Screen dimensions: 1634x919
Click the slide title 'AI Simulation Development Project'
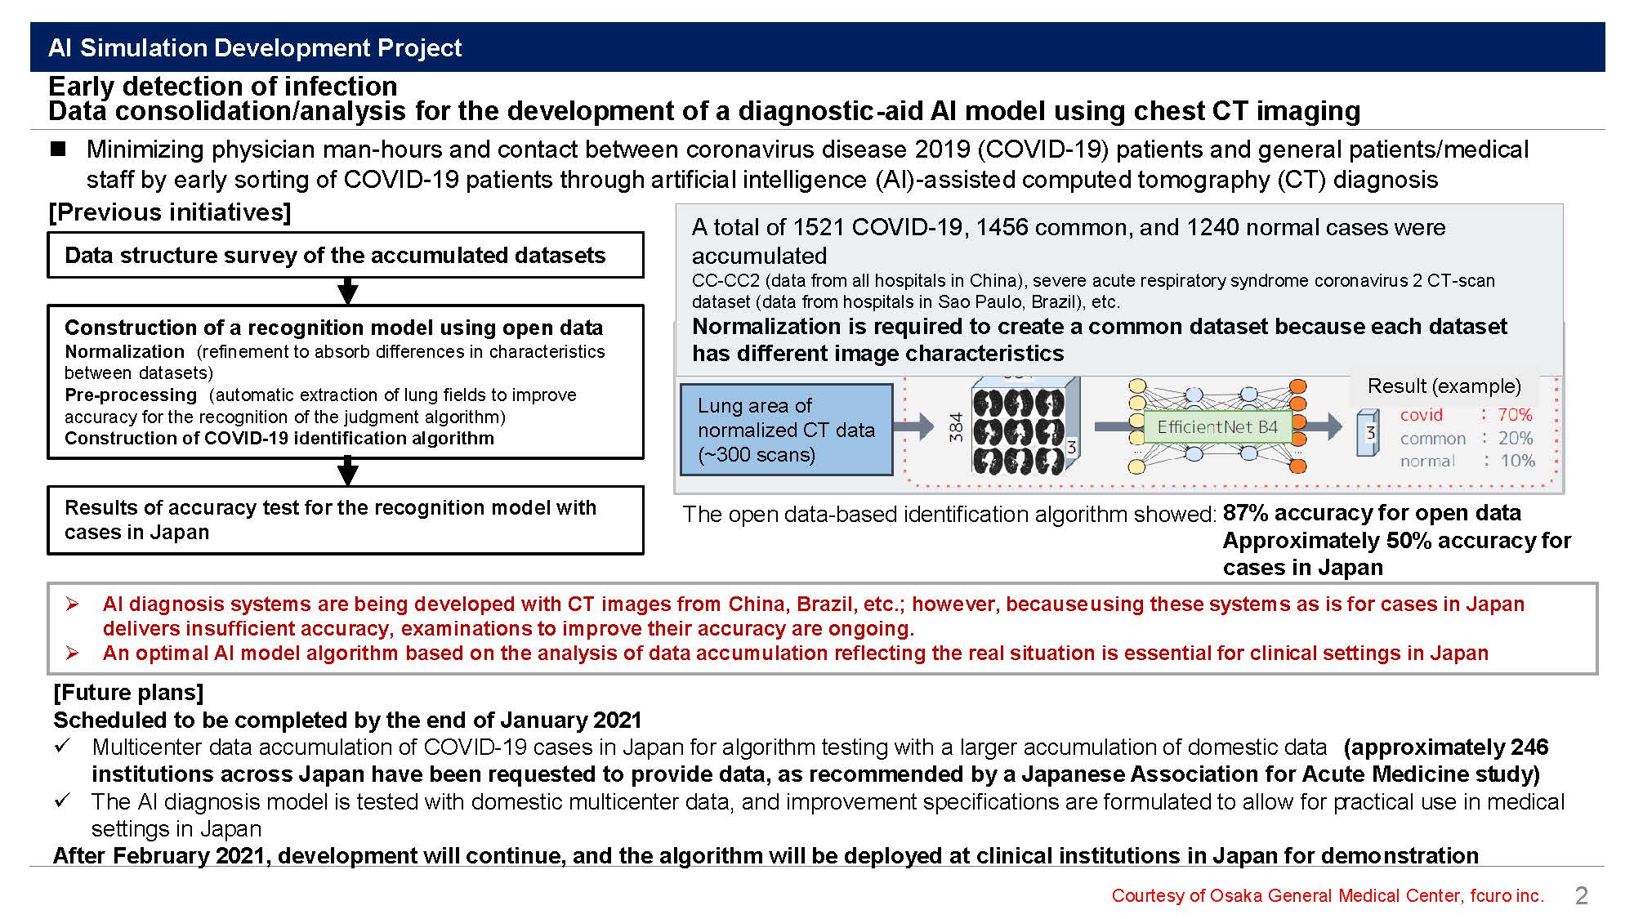(x=255, y=47)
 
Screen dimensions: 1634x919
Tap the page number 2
(x=1581, y=895)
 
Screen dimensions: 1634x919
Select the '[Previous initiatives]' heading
(x=170, y=212)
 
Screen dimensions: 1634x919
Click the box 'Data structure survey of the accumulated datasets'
(x=346, y=255)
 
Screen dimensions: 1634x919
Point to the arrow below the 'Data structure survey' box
(x=348, y=291)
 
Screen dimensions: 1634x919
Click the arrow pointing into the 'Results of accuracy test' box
(x=348, y=472)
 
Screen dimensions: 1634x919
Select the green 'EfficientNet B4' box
(x=1217, y=426)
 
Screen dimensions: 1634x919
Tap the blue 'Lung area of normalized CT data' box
(x=786, y=430)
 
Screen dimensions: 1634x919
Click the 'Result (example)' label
(x=1444, y=386)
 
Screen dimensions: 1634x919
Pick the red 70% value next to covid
(x=1515, y=415)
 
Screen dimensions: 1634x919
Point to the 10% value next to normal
(x=1517, y=461)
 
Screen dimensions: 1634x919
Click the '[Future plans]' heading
(x=128, y=693)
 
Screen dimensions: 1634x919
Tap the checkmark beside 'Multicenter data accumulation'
(x=63, y=746)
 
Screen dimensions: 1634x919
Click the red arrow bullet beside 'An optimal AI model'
(x=73, y=653)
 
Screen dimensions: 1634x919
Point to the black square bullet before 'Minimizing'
(x=58, y=149)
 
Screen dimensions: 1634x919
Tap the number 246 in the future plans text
(x=1529, y=747)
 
